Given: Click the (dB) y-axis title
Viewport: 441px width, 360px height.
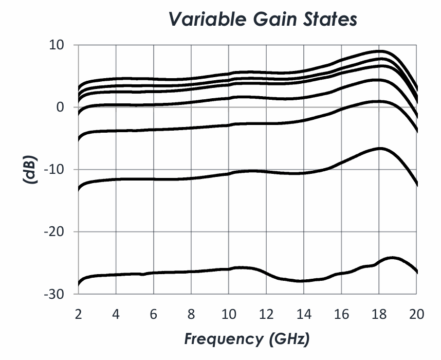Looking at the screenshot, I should tap(30, 169).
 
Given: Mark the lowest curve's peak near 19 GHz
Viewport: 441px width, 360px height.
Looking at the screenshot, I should tap(393, 257).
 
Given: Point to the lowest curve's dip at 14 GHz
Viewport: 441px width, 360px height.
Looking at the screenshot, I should tap(303, 281).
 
